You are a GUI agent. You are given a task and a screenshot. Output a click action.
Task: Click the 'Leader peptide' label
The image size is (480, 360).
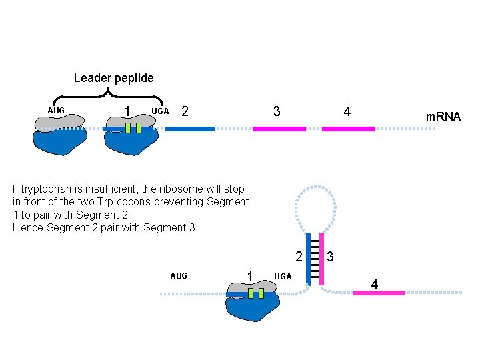pos(113,78)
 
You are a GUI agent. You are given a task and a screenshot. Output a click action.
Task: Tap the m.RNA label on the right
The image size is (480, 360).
pos(443,117)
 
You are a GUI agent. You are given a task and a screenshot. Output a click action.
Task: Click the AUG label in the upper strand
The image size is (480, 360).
pos(56,110)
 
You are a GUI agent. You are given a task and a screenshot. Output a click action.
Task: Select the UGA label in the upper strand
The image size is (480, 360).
pos(160,111)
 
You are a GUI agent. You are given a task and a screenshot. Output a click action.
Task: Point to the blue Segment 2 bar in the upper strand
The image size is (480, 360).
pos(190,129)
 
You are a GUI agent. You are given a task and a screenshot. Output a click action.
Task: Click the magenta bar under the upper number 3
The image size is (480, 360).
pos(279,129)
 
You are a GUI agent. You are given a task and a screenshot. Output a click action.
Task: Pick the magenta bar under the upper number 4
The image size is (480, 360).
pos(348,129)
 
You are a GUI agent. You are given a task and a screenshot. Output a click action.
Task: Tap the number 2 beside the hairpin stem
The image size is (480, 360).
pos(299,257)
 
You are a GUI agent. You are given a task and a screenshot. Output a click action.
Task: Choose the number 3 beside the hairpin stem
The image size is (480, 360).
pos(330,257)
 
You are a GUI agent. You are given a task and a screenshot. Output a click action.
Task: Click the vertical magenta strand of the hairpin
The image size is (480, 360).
pos(321,259)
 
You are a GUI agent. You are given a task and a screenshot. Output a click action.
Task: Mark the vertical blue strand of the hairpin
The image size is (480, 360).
pos(308,259)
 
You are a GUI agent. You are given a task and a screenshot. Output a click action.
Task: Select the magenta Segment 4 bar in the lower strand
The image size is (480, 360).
pos(379,293)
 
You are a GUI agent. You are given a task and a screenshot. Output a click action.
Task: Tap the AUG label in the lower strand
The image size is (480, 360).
pos(179,275)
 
